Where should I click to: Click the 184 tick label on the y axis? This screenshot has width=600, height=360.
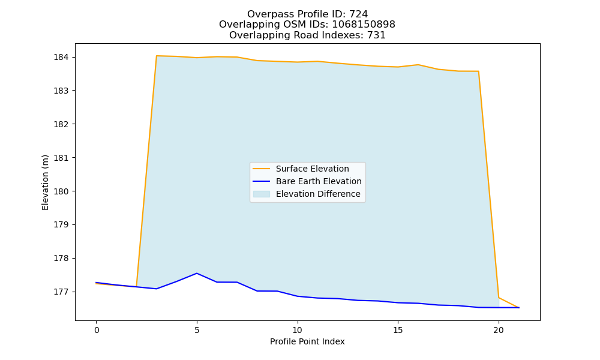click(61, 58)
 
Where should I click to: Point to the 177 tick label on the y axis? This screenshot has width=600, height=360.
click(61, 292)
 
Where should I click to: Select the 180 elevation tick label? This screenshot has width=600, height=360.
click(61, 191)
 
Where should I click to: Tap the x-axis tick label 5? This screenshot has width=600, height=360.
click(197, 330)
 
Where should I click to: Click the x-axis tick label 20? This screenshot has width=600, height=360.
click(499, 330)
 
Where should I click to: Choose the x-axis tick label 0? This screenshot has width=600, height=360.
click(97, 330)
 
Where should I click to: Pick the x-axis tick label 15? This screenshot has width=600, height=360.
click(398, 330)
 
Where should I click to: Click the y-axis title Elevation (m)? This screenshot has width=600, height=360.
click(45, 182)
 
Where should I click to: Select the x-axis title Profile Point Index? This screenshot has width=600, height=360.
click(307, 341)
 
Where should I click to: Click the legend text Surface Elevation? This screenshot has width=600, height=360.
click(312, 169)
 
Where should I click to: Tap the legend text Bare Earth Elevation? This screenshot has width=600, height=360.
click(319, 181)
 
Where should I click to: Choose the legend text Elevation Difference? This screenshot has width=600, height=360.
click(318, 194)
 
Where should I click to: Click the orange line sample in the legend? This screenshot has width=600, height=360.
click(262, 169)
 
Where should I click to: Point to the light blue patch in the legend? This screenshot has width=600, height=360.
click(262, 194)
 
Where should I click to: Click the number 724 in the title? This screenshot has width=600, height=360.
click(359, 14)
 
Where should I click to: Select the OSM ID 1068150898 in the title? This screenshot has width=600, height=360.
click(364, 25)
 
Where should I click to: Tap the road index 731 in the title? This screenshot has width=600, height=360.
click(376, 35)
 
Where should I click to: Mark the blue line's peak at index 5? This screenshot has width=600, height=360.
click(197, 273)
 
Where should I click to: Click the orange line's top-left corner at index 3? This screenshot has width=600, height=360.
click(157, 56)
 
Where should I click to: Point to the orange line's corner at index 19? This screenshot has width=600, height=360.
click(478, 71)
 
